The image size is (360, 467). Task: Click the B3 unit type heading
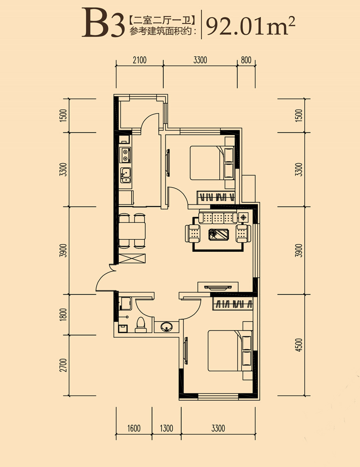[x=103, y=23]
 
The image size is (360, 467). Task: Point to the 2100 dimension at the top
[x=140, y=60]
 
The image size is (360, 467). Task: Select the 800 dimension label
[x=246, y=60]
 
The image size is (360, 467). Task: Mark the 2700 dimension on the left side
[x=63, y=365]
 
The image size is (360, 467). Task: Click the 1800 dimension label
[x=63, y=314]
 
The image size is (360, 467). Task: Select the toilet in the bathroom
[x=141, y=325]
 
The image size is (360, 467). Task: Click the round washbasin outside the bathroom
[x=166, y=327]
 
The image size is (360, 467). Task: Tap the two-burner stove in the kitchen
[x=125, y=155]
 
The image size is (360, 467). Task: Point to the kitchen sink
[x=126, y=176]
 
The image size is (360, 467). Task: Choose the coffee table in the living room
[x=218, y=234]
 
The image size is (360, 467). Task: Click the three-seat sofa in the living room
[x=218, y=218]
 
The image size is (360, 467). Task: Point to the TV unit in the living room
[x=218, y=287]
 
